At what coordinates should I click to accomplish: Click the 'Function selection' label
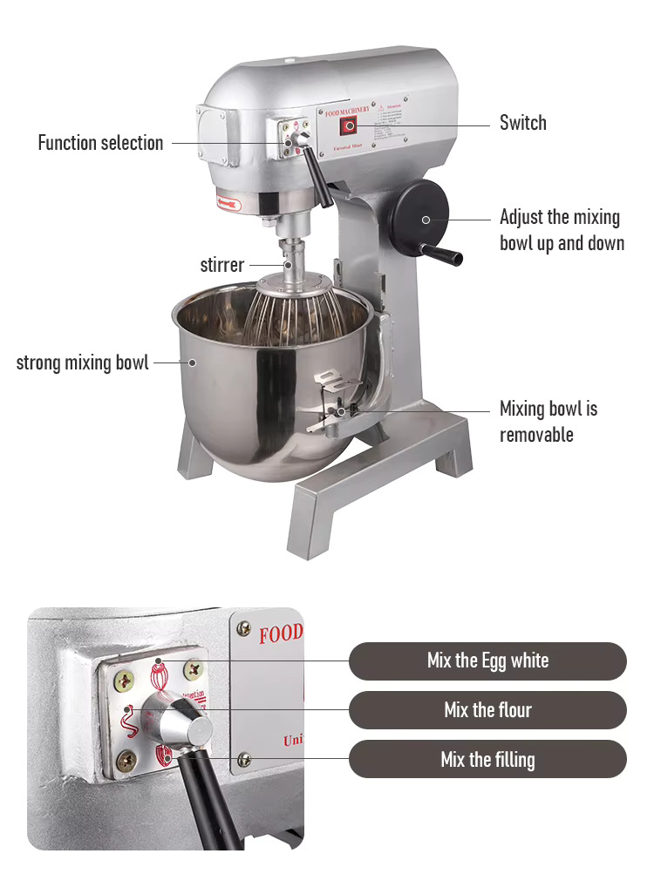click(100, 143)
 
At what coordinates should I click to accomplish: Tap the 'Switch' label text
click(523, 123)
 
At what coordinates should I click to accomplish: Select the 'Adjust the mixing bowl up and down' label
click(562, 230)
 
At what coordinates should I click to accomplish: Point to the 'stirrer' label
click(221, 265)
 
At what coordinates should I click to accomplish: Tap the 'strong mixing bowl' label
click(82, 362)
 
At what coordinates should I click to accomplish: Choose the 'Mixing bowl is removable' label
click(548, 422)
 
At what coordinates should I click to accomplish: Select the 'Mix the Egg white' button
click(487, 661)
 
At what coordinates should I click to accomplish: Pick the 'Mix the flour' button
click(487, 710)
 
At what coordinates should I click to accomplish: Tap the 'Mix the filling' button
click(487, 759)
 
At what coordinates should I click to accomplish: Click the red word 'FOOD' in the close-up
click(280, 633)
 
